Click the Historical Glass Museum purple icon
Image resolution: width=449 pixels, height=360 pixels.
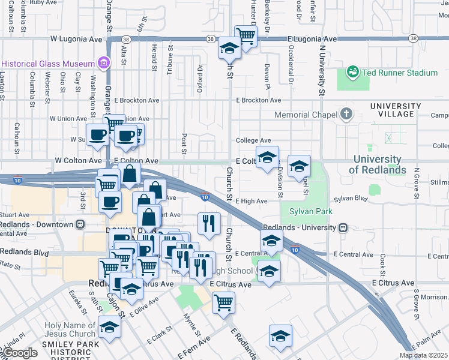(104, 63)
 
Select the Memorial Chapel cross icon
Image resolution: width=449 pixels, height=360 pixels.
(346, 114)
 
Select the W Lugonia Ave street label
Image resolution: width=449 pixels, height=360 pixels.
(76, 38)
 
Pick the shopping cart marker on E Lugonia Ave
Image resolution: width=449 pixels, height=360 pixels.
(246, 35)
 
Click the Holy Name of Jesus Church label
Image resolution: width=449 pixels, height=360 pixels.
(62, 329)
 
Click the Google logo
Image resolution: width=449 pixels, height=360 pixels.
(19, 353)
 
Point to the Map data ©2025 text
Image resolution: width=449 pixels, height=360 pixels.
(423, 355)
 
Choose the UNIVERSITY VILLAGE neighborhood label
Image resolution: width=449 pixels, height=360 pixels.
(392, 110)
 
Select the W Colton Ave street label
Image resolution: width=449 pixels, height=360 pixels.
(78, 161)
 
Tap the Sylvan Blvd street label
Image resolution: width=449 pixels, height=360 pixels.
(351, 198)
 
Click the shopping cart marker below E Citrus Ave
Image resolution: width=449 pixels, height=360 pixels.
(223, 302)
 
